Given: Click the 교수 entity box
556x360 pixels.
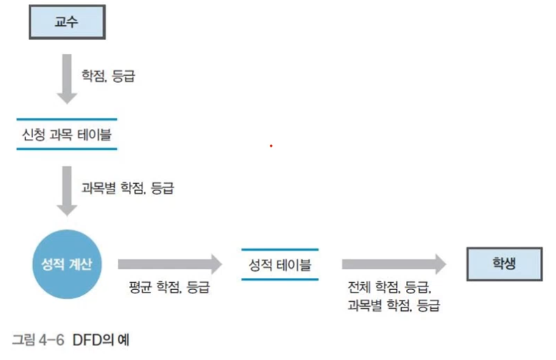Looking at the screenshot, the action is (x=67, y=22).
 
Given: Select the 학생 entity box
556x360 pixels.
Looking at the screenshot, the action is (x=504, y=264).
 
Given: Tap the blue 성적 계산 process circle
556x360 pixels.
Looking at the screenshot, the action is (x=67, y=264).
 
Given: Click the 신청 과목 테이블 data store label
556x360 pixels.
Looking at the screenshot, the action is (x=67, y=135).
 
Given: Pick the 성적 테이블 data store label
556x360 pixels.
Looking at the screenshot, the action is (x=280, y=265).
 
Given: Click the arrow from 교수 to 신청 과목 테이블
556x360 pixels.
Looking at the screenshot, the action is (x=67, y=79).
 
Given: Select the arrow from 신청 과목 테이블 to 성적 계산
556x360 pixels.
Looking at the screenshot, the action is (x=67, y=191).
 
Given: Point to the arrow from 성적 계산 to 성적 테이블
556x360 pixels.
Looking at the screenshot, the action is (x=170, y=264).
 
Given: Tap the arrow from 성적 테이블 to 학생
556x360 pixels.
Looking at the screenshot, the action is (x=394, y=264).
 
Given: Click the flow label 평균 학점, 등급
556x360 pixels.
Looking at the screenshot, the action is (x=169, y=287).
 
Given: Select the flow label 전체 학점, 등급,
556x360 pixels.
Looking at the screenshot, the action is (x=389, y=287).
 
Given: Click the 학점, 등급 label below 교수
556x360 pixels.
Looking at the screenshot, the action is (x=108, y=76).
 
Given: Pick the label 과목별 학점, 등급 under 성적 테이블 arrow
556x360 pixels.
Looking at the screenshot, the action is (x=393, y=305).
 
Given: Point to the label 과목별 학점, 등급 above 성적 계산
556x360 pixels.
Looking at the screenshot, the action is (x=128, y=188).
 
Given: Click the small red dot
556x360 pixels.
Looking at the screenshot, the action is (x=271, y=146).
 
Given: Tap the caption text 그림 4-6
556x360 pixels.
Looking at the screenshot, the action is (x=38, y=340).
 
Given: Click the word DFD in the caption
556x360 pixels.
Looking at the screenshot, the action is (x=87, y=340).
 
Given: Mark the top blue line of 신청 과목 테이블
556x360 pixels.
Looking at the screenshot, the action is (x=67, y=119).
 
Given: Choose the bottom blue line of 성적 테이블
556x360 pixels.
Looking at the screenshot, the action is (x=280, y=279).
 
